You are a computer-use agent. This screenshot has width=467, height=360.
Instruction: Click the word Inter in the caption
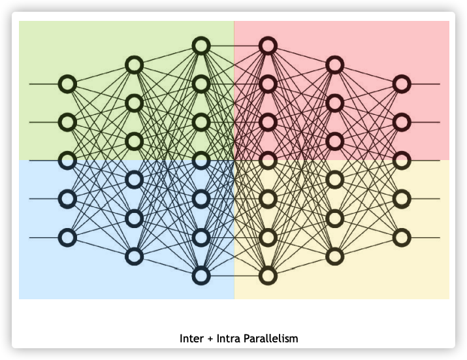coord(191,338)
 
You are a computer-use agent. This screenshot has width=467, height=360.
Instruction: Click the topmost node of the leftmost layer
coord(67,84)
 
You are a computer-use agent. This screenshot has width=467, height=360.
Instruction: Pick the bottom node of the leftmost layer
coord(67,237)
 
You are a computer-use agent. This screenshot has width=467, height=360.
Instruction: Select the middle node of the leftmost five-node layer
coord(67,160)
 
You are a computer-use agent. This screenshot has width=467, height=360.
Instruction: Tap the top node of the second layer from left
coord(135,65)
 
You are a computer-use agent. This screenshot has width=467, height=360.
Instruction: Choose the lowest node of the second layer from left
coord(135,256)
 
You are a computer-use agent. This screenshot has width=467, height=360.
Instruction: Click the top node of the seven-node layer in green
coord(201,46)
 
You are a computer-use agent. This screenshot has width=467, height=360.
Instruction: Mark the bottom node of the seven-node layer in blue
coord(201,275)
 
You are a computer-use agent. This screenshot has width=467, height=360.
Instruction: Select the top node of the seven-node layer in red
coord(268,46)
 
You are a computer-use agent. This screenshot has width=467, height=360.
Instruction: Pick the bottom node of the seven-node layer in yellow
coord(268,275)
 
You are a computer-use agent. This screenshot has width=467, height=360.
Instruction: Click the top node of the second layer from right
coord(334,65)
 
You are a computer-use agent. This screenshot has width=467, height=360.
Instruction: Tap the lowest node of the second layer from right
coord(334,256)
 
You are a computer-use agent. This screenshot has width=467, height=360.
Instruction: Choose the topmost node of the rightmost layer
coord(402,84)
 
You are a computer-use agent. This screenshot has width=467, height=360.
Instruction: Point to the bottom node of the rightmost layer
coord(402,237)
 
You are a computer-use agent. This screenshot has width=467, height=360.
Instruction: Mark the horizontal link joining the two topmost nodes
coord(234,46)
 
